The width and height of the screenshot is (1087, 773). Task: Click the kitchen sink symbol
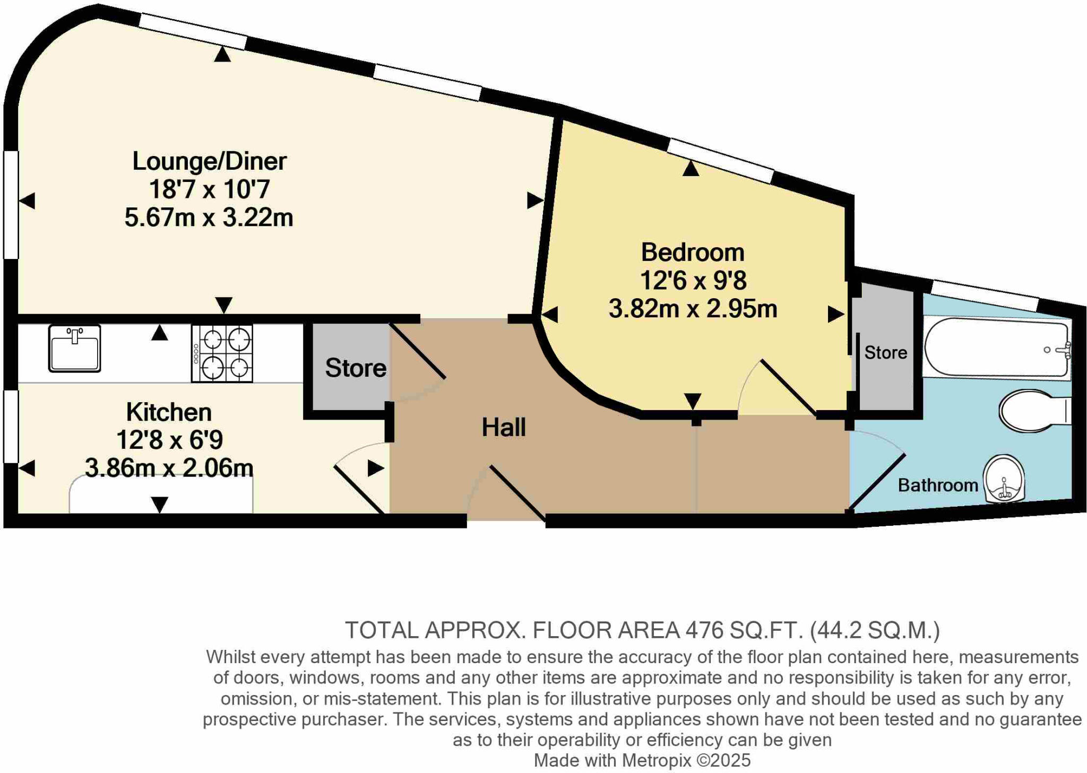74,349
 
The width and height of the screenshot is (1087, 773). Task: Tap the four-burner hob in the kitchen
222,353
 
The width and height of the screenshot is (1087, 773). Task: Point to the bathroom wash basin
1004,479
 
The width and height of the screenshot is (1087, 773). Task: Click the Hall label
503,428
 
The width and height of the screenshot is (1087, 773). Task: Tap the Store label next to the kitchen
356,368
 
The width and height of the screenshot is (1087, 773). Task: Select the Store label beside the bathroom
885,353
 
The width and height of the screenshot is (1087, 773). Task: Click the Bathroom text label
937,485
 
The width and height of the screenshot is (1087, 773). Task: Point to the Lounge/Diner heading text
209,161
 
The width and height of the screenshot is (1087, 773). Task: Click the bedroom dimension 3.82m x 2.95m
692,309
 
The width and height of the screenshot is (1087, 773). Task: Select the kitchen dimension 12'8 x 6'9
169,440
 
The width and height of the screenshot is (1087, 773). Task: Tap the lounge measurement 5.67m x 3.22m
209,218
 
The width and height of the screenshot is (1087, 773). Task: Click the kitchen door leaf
359,490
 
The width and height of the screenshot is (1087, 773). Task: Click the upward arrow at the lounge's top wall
222,54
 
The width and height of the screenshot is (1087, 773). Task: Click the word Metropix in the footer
657,760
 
